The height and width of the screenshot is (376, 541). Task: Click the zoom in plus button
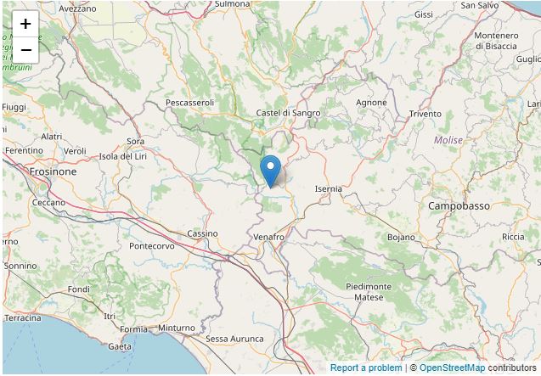tap(25, 24)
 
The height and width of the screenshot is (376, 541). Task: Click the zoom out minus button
tap(25, 49)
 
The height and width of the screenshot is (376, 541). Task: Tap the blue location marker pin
tap(270, 170)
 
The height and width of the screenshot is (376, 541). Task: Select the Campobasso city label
tap(459, 206)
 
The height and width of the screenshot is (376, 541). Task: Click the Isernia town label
tap(328, 188)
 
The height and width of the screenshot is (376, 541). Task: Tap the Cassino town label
tap(202, 233)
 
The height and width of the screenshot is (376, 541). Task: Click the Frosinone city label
tap(53, 171)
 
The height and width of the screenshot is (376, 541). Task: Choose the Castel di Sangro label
tap(289, 113)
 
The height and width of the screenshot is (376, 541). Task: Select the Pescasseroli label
tap(190, 103)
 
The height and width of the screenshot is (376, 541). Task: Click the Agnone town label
tap(371, 103)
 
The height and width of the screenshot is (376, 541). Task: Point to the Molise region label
tap(448, 140)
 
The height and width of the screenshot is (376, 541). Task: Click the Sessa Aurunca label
tap(234, 339)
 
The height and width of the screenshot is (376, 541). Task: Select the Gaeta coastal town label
tap(120, 346)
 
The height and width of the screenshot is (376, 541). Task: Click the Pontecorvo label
tap(152, 246)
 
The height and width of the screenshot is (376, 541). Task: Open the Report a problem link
tap(366, 368)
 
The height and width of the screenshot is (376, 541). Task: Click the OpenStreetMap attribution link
tap(452, 368)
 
